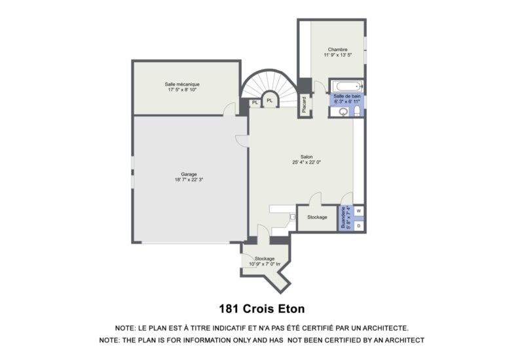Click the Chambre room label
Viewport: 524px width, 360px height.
(x=337, y=50)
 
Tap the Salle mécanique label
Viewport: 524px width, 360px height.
(x=182, y=84)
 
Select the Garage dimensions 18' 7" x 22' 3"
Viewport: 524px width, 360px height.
(x=189, y=179)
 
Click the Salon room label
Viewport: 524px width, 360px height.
(x=307, y=156)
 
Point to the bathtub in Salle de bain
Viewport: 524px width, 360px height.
(x=349, y=86)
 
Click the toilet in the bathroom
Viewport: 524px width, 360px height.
(x=357, y=111)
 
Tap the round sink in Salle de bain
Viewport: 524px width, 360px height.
(x=343, y=112)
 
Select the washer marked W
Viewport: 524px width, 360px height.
(x=358, y=211)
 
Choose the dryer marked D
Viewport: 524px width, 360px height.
(x=358, y=226)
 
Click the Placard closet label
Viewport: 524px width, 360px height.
(x=304, y=105)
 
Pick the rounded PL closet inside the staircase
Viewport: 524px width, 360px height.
(x=270, y=100)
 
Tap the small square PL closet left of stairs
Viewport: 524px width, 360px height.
(x=255, y=103)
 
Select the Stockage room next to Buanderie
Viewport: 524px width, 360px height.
(x=317, y=217)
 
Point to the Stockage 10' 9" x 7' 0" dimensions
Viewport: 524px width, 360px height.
(x=265, y=264)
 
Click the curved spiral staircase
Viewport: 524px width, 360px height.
(x=270, y=85)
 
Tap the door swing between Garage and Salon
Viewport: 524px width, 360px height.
(x=242, y=141)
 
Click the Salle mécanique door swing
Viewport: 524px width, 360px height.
(x=230, y=109)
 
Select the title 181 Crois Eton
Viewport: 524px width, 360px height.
(x=261, y=308)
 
